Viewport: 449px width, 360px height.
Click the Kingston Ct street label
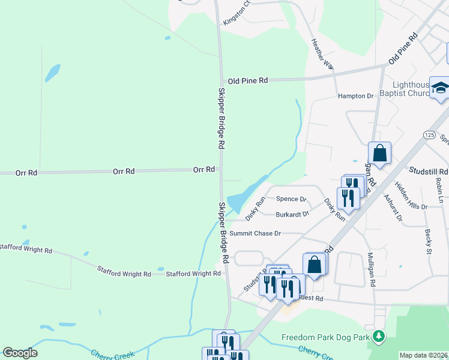point(236,16)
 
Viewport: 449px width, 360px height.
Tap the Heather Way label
point(322,54)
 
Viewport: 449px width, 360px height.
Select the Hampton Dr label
point(355,96)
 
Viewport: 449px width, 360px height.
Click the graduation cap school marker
point(440,89)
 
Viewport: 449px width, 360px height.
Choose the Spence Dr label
point(291,199)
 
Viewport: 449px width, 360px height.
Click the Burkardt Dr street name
point(292,214)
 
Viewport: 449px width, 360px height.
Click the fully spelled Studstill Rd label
point(428,171)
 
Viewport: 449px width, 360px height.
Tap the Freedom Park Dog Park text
point(326,338)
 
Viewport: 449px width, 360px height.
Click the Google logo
point(20,353)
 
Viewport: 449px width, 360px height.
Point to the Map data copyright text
point(423,355)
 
